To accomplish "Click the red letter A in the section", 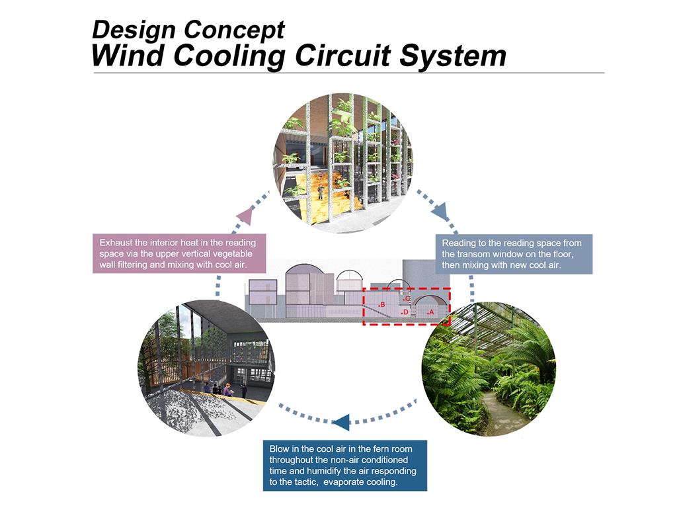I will pyautogui.click(x=431, y=312).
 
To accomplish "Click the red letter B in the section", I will pyautogui.click(x=383, y=304).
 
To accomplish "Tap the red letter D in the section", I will pyautogui.click(x=406, y=312).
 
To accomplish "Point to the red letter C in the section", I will pyautogui.click(x=408, y=298).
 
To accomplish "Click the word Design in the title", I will pyautogui.click(x=134, y=30).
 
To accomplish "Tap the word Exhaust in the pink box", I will pyautogui.click(x=116, y=243).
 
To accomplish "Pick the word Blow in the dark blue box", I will pyautogui.click(x=279, y=449).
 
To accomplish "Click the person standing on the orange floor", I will pyautogui.click(x=321, y=192).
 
